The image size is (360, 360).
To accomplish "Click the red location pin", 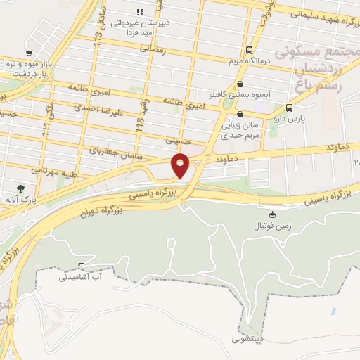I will click(181, 165).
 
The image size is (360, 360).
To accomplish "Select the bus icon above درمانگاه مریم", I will click(250, 50).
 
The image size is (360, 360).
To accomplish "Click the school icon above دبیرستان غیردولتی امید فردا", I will click(140, 12).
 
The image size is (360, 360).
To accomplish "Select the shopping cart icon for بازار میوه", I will click(27, 53).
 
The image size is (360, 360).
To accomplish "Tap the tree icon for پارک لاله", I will click(20, 188).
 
